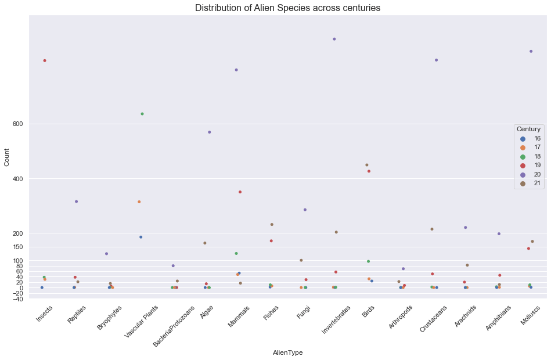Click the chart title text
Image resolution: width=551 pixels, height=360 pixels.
(287, 8)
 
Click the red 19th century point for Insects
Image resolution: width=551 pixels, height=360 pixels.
(45, 60)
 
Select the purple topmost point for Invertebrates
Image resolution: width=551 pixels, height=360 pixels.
(334, 39)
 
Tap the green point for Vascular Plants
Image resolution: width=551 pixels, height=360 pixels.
(142, 114)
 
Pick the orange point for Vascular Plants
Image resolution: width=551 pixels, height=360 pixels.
(139, 201)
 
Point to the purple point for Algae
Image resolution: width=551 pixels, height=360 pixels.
(210, 132)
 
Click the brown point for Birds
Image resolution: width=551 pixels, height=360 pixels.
(367, 165)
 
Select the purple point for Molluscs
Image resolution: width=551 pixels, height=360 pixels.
(531, 51)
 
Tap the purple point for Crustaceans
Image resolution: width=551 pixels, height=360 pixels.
(436, 60)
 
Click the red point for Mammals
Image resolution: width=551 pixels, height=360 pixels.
(240, 192)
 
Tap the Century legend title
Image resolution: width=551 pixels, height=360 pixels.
(529, 129)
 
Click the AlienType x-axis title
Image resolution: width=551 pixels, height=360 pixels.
(287, 352)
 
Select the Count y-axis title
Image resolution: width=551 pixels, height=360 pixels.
(7, 157)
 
